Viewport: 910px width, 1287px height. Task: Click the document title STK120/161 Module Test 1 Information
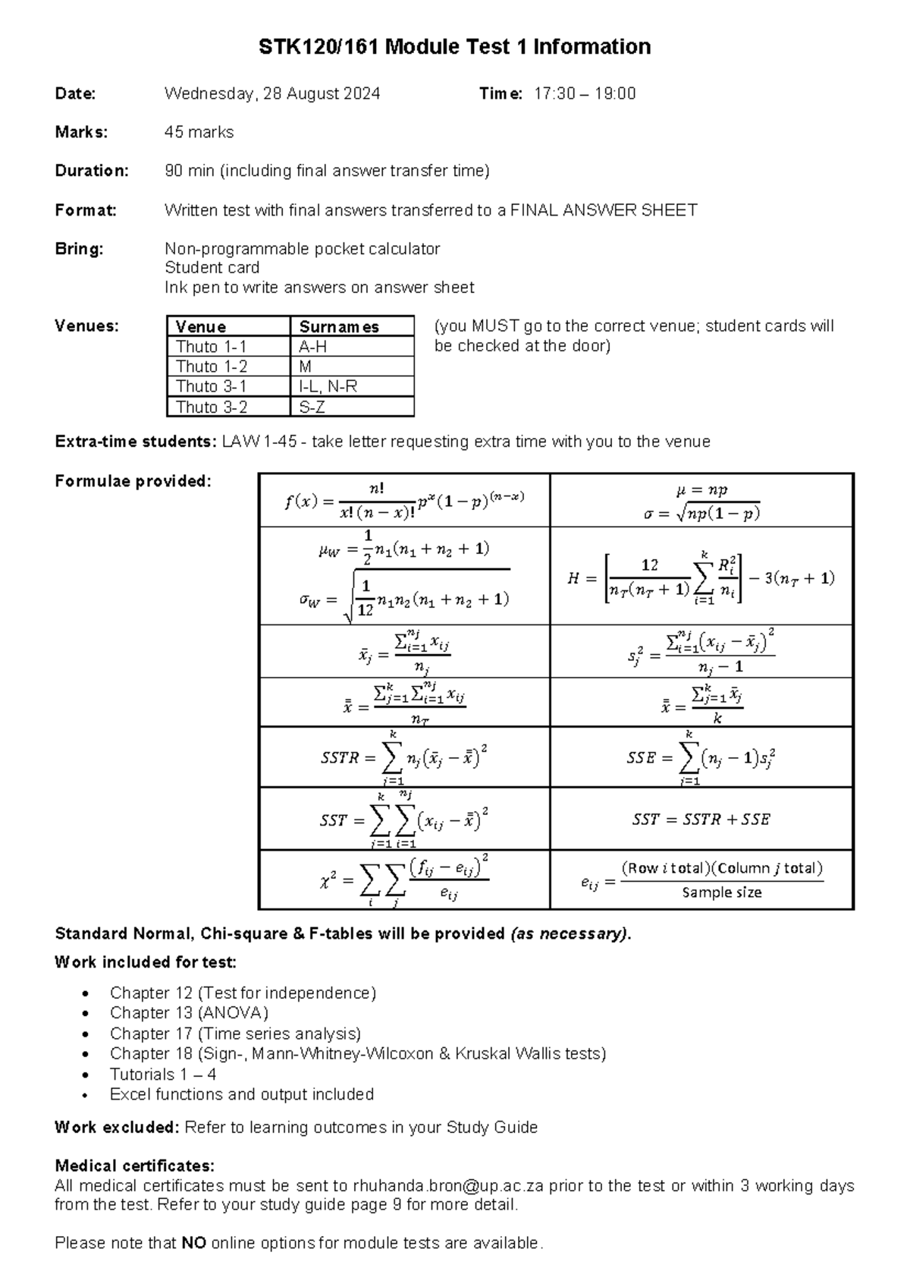pos(454,47)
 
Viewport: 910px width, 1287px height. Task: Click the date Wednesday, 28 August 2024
pos(272,93)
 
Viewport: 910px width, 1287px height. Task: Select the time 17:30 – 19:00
pos(585,93)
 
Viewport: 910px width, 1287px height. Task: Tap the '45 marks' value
pos(199,132)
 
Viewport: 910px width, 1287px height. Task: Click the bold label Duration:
pos(92,171)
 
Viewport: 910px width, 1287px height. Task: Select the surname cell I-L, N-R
pos(328,386)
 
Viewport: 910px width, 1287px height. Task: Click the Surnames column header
pos(339,327)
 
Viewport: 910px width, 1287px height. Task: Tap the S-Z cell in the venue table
pos(312,407)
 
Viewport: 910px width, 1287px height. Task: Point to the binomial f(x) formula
pos(404,501)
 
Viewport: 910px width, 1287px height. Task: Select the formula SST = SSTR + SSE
pos(701,820)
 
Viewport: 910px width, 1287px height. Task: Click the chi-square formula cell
pos(404,880)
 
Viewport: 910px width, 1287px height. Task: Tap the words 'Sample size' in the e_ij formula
pos(721,892)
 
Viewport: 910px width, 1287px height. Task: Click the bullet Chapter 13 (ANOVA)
pos(189,1013)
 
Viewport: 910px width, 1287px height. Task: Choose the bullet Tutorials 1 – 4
pos(163,1075)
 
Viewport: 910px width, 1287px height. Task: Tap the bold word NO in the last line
pos(194,1244)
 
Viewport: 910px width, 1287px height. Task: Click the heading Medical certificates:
pos(134,1166)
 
